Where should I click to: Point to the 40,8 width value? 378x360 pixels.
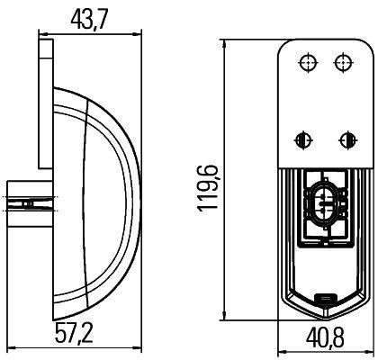pyautogui.click(x=326, y=339)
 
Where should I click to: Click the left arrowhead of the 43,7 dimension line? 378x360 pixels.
pyautogui.click(x=41, y=33)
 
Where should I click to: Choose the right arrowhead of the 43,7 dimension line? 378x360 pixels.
pyautogui.click(x=140, y=33)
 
